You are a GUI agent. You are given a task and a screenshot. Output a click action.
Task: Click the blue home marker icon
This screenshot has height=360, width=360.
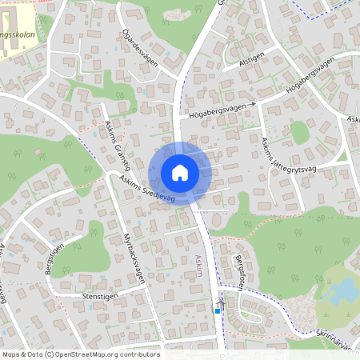(180, 173)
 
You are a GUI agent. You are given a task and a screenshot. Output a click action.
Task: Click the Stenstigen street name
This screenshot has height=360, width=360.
(100, 296)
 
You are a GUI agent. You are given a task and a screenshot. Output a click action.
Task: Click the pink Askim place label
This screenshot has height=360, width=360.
(199, 267)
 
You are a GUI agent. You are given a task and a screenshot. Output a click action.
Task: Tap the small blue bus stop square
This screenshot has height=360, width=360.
(217, 310)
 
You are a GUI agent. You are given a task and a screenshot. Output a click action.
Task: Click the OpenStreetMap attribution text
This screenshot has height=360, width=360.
(80, 354)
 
